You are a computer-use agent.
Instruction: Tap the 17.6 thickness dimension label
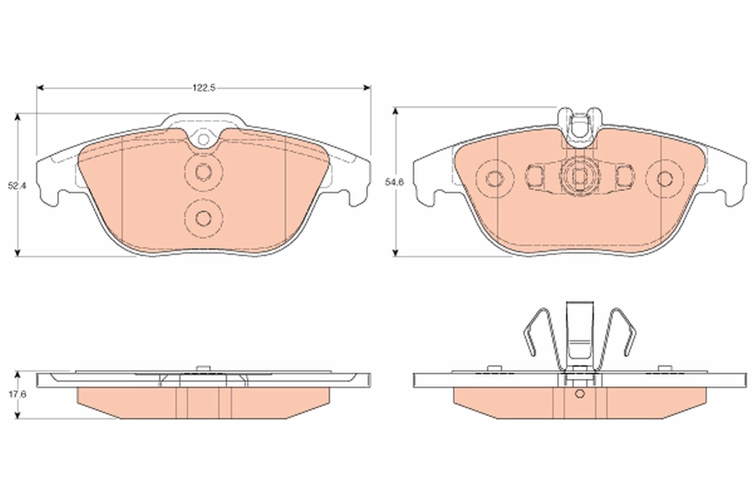click(x=13, y=395)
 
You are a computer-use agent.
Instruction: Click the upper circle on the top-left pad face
click(x=203, y=171)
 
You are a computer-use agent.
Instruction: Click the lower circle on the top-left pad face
click(x=203, y=217)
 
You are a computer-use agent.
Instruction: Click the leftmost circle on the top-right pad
click(x=494, y=179)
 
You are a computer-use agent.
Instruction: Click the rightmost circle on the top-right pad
click(x=665, y=179)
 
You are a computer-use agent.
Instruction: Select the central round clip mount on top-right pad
click(x=579, y=178)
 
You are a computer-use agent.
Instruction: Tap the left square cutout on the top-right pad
click(x=536, y=176)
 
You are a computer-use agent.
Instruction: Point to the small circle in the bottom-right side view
click(x=580, y=394)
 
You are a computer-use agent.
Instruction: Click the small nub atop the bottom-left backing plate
click(x=202, y=369)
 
